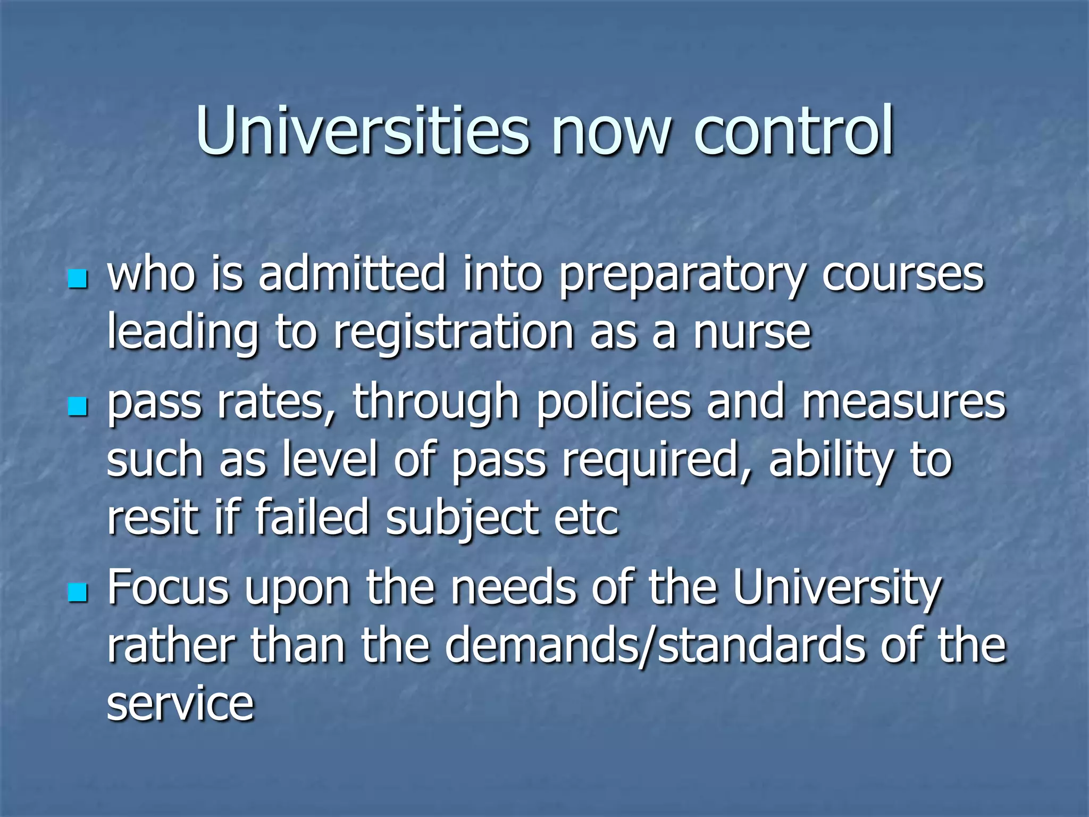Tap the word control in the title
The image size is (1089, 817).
tap(794, 130)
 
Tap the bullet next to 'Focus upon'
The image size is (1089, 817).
tap(78, 592)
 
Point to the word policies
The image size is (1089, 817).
tap(614, 403)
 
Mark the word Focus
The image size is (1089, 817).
tap(168, 588)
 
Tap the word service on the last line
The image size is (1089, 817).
tap(180, 703)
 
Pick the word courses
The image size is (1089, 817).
tap(903, 276)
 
